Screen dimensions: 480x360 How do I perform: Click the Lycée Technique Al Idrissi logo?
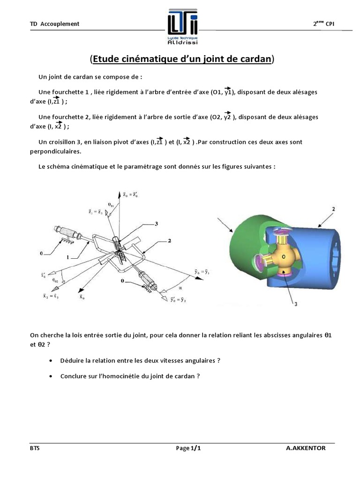click(x=183, y=28)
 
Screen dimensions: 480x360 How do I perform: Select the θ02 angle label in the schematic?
click(x=56, y=280)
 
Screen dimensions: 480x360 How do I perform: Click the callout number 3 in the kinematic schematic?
click(x=157, y=225)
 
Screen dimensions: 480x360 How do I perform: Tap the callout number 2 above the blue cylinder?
click(x=333, y=209)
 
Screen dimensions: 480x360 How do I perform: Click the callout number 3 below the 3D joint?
click(x=296, y=304)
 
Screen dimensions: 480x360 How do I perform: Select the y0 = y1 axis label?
click(x=203, y=270)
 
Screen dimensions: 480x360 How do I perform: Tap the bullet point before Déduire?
click(x=51, y=360)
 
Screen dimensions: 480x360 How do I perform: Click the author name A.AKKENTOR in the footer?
click(x=306, y=448)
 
